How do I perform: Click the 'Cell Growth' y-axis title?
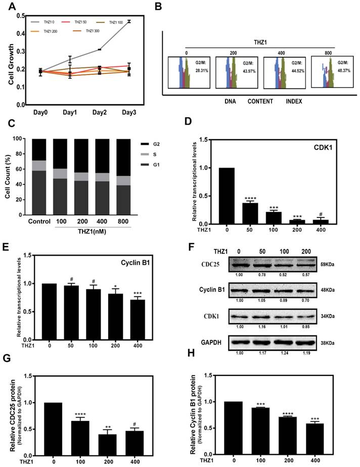(x=6, y=60)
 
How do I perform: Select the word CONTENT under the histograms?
(x=260, y=101)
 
